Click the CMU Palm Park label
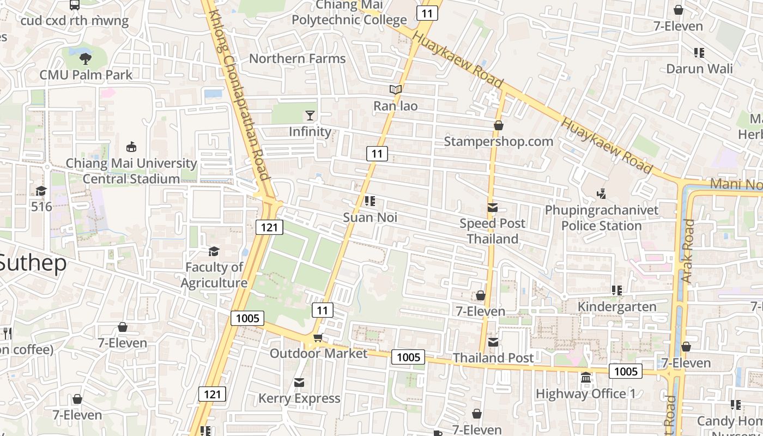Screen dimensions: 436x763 pos(86,75)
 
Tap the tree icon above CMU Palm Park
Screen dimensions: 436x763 pos(85,58)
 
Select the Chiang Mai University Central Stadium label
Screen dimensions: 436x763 pos(131,171)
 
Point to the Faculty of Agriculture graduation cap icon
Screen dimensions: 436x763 pos(214,251)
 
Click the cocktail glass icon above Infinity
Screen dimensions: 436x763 pos(310,115)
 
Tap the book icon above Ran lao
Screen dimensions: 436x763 pos(396,89)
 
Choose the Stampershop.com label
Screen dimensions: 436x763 pos(498,141)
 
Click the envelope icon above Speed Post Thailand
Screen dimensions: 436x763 pos(493,207)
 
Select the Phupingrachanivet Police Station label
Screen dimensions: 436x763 pos(602,218)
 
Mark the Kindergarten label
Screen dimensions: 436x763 pos(617,307)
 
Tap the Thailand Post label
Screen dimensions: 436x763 pos(493,358)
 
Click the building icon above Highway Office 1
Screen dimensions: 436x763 pos(586,377)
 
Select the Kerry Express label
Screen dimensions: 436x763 pos(299,398)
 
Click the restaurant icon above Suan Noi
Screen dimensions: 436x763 pos(370,201)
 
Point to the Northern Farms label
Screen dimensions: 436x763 pos(297,58)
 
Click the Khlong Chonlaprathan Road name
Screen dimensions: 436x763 pos(239,95)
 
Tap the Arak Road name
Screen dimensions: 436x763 pos(688,251)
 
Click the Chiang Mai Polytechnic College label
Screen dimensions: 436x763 pos(349,13)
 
